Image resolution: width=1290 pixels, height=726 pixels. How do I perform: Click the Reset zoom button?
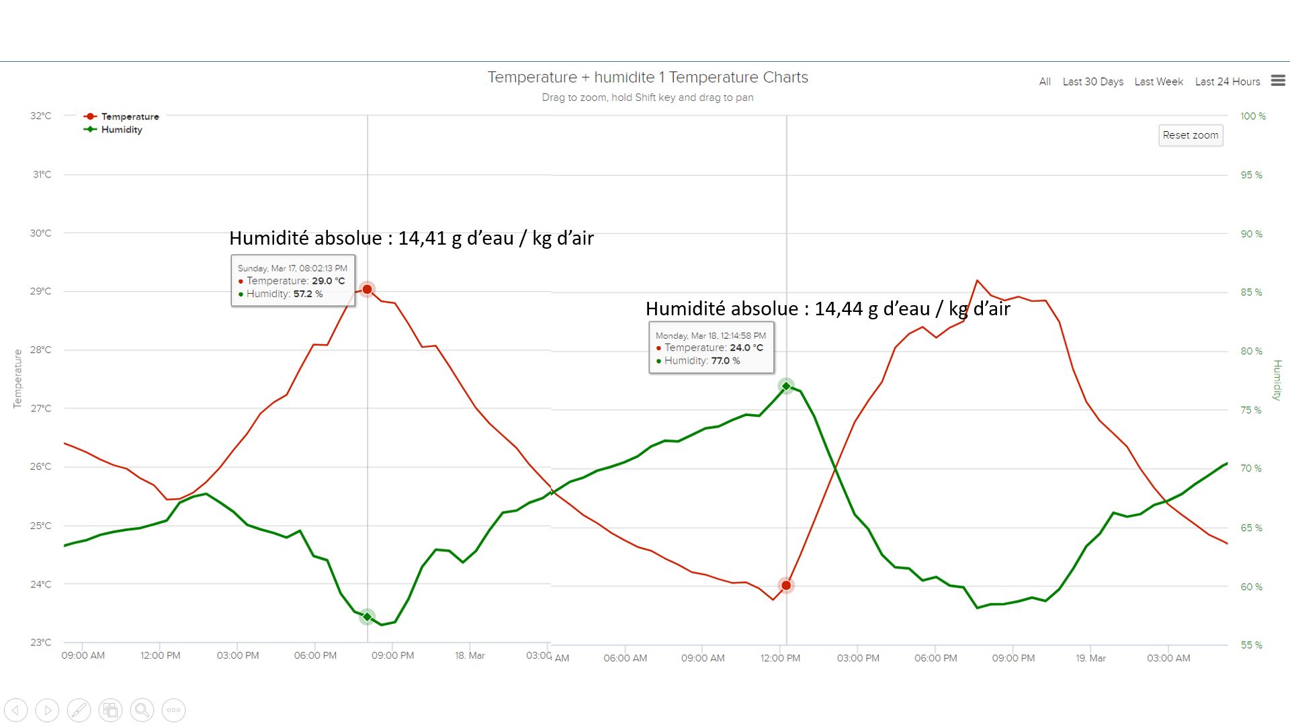click(x=1190, y=135)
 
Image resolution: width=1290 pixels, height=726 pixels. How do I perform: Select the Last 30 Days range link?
click(x=1092, y=81)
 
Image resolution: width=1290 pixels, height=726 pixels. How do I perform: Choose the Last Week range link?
click(x=1158, y=81)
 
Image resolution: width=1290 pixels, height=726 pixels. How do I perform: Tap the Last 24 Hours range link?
click(x=1227, y=81)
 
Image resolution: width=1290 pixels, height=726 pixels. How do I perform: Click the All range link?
click(x=1044, y=81)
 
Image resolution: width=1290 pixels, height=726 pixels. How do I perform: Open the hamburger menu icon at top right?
click(x=1278, y=81)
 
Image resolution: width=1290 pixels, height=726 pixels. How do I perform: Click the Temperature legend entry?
click(x=130, y=116)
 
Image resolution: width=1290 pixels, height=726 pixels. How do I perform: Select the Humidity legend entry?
click(x=122, y=130)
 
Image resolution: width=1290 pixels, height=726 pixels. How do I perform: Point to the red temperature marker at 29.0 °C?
click(x=367, y=289)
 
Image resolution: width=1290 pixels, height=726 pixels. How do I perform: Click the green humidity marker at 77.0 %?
click(x=786, y=386)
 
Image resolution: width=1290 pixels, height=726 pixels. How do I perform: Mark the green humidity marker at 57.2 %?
click(x=367, y=616)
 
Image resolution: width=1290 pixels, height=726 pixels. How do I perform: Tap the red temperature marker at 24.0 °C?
click(x=786, y=586)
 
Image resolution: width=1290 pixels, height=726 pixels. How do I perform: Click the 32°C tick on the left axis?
click(x=40, y=116)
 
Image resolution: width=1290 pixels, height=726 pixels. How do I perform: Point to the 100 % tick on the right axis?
click(x=1252, y=116)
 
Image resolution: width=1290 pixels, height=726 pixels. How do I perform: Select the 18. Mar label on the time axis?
click(x=470, y=655)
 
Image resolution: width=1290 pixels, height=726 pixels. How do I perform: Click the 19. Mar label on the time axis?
click(x=1090, y=658)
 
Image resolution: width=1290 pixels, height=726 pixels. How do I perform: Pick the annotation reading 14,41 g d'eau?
click(x=411, y=238)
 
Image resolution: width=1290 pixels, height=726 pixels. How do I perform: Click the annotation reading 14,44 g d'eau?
click(x=828, y=309)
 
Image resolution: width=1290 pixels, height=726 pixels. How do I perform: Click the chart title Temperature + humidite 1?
click(x=648, y=77)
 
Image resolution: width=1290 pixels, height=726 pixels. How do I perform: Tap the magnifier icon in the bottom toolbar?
click(x=142, y=710)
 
